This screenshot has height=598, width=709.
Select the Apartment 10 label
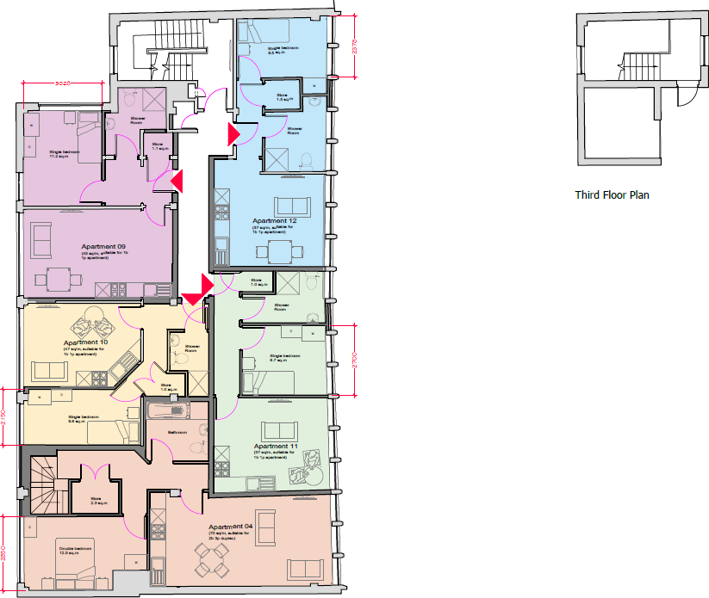[x=85, y=342]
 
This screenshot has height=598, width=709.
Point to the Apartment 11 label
[x=276, y=447]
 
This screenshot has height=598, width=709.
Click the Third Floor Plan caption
[x=612, y=195]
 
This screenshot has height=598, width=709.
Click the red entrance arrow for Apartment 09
[x=177, y=181]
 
